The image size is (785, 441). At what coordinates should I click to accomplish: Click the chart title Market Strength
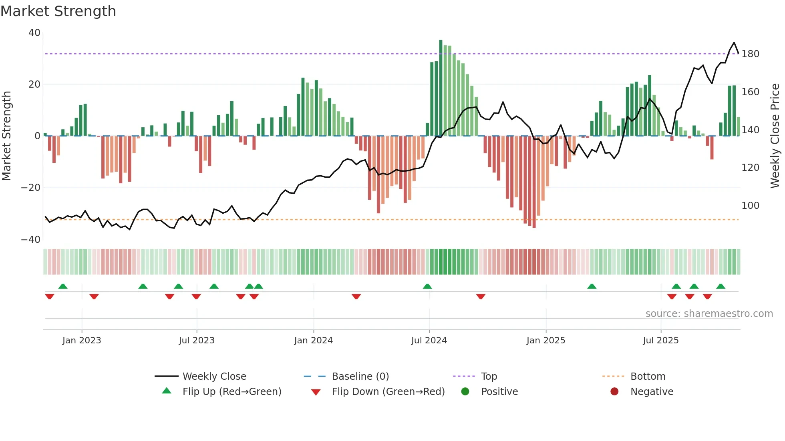(x=58, y=11)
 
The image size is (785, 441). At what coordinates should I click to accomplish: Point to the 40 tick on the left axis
(x=34, y=33)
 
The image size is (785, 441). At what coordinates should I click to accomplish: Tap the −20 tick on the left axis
(x=31, y=188)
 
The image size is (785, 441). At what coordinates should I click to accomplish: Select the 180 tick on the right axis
(x=750, y=54)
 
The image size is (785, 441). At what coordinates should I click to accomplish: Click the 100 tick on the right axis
(x=750, y=206)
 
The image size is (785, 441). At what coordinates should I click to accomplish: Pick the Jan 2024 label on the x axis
(x=313, y=341)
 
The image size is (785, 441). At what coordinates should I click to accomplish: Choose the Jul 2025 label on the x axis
(x=660, y=341)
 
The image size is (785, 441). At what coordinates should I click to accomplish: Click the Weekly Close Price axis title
(x=775, y=136)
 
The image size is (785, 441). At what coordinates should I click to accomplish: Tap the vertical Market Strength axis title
(x=7, y=136)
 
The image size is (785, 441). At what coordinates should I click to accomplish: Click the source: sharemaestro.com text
(x=709, y=314)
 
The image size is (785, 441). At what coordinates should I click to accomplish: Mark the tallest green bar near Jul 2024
(x=441, y=88)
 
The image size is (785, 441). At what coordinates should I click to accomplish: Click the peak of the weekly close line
(x=734, y=43)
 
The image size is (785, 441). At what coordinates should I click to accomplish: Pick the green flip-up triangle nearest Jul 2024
(x=427, y=287)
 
